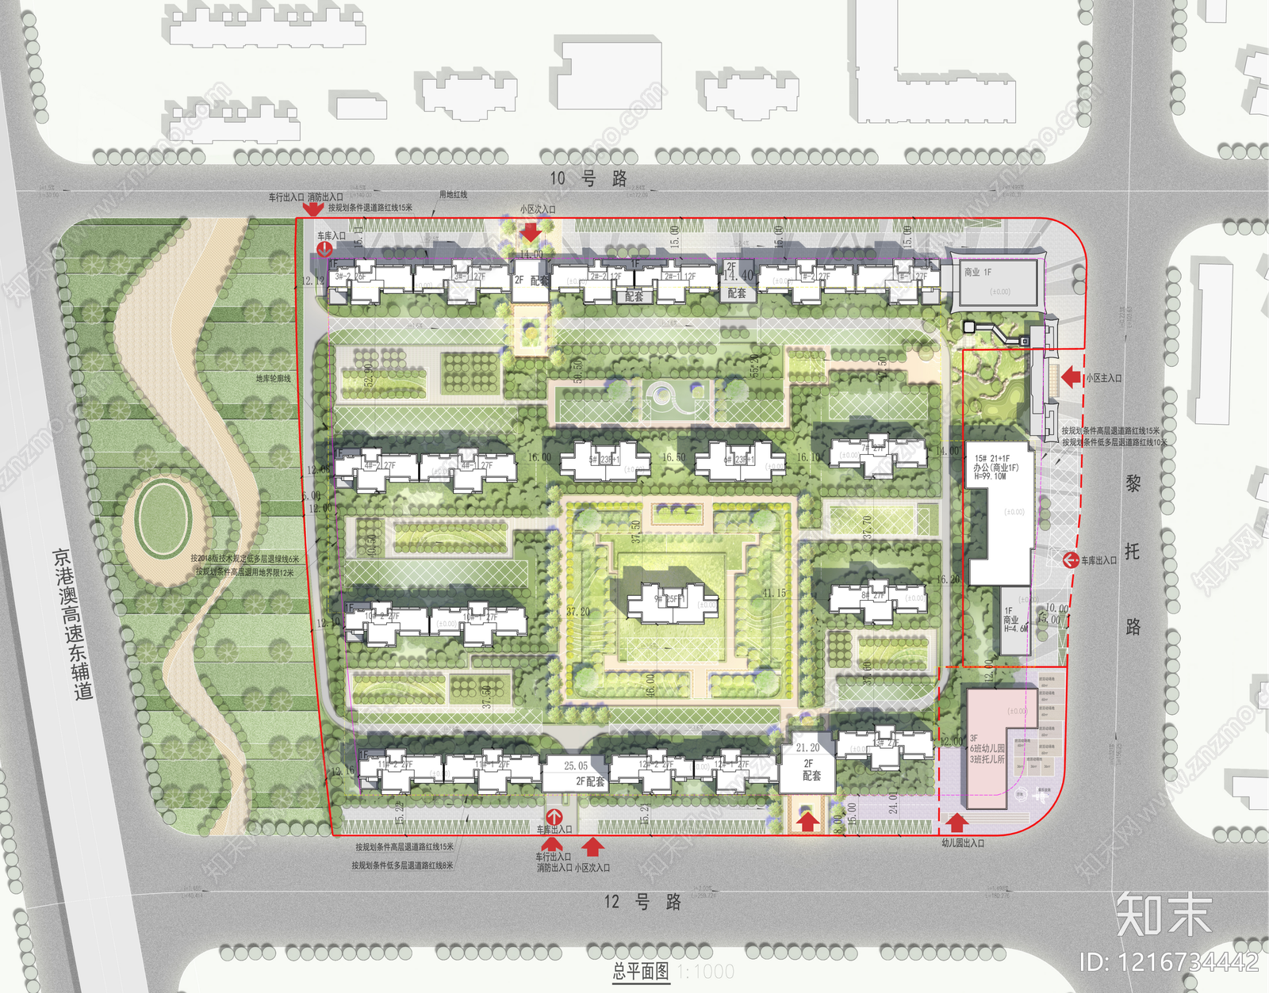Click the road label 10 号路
coord(588,178)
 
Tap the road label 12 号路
coord(642,902)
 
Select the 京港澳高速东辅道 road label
coord(74,623)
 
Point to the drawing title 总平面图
coord(641,972)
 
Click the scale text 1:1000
coord(706,972)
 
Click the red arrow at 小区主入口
coord(1072,377)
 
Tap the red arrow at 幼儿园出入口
coord(957,822)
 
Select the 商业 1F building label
coord(977,272)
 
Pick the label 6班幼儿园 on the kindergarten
coord(987,748)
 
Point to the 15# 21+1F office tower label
coord(992,458)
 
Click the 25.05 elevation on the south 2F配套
coord(576,766)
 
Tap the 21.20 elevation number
coord(807,747)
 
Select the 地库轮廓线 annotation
coord(273,379)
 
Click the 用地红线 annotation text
coord(453,194)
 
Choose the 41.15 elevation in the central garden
coord(774,593)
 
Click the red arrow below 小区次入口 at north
coord(531,231)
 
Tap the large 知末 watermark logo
coord(1164,914)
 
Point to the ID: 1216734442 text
coord(1167,962)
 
